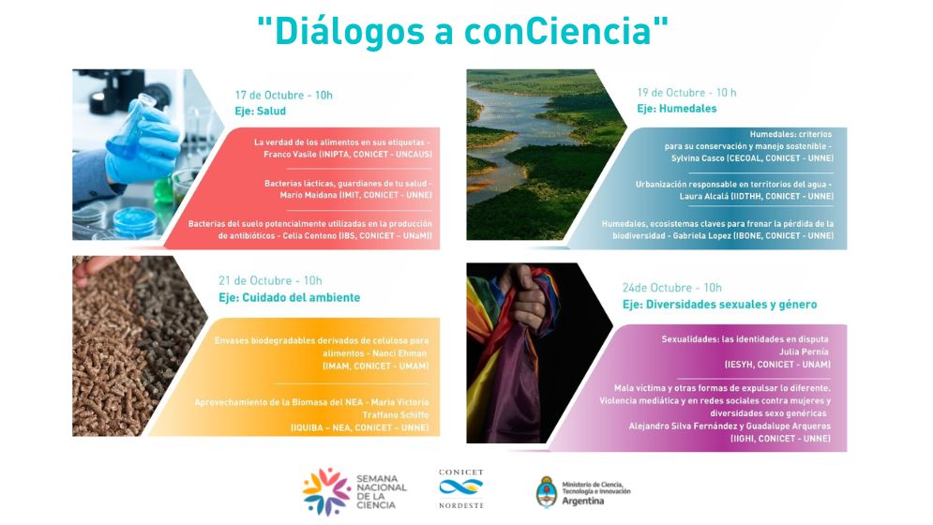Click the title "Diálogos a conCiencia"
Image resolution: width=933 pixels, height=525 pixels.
463,31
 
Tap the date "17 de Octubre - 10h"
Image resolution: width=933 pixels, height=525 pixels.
284,96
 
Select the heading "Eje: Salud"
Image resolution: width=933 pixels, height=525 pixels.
261,112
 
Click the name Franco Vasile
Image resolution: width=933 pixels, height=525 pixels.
291,154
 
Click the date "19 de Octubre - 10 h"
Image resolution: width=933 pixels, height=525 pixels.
686,93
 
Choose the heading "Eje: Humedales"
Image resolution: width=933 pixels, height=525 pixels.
677,109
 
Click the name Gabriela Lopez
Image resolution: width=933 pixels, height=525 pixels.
701,235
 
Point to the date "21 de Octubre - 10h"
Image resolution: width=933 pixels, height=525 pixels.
270,281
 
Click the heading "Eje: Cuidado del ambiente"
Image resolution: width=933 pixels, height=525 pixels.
289,297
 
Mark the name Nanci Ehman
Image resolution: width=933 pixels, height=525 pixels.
399,353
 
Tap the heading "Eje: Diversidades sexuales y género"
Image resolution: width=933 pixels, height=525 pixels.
719,305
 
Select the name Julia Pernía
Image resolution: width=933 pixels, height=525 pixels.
804,352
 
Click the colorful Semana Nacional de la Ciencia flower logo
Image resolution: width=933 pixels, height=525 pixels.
326,491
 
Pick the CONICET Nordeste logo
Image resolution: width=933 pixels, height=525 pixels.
461,488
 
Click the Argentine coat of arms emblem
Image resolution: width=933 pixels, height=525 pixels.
547,491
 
